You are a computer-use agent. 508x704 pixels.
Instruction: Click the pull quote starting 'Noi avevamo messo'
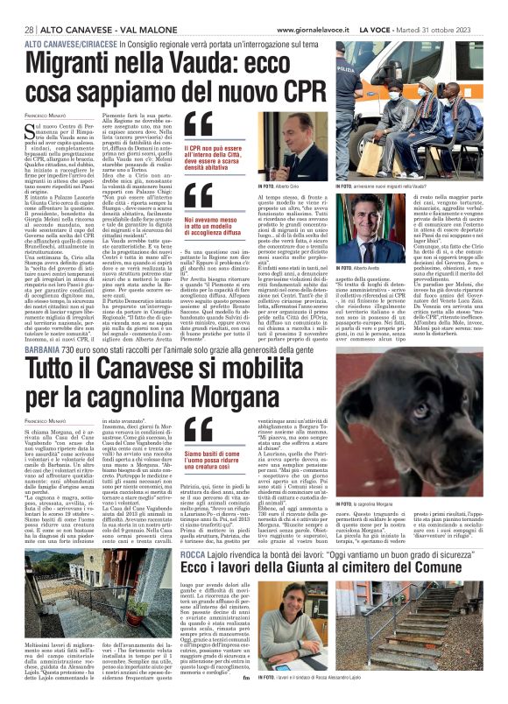(213, 229)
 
